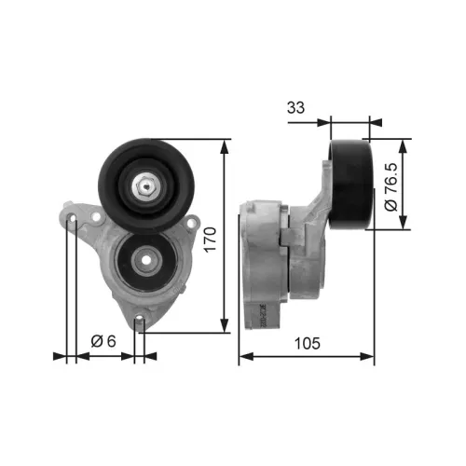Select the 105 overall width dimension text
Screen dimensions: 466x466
[x=307, y=343]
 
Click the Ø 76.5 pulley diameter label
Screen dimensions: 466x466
[x=391, y=185]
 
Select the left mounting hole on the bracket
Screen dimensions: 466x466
[x=73, y=220]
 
